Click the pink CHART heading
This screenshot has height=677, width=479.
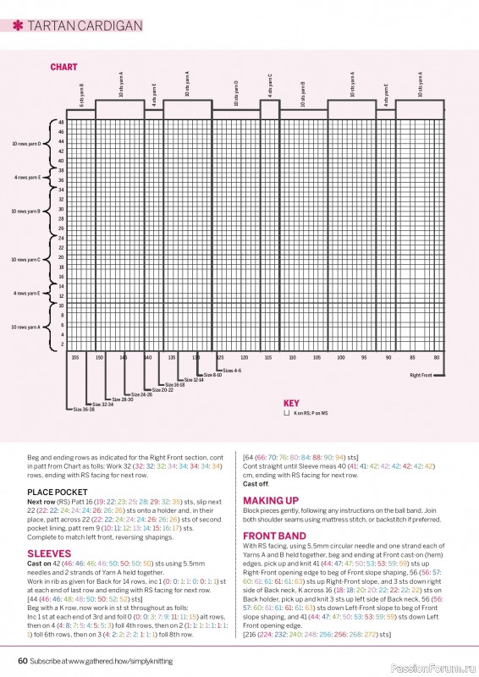(63, 67)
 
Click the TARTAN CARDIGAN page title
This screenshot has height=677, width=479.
(77, 26)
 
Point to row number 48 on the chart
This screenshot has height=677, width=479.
(61, 122)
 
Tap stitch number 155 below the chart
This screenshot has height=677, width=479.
(75, 358)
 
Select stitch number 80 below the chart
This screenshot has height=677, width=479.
(437, 358)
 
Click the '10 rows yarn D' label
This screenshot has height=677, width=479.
(26, 144)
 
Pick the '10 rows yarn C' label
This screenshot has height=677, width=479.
(26, 260)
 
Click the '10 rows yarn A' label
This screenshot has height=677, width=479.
(26, 327)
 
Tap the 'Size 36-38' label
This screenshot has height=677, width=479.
(83, 410)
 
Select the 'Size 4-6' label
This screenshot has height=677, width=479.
(231, 371)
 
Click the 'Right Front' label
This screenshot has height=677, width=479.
(421, 374)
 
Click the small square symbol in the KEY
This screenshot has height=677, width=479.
(287, 415)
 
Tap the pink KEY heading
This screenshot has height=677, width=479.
(291, 404)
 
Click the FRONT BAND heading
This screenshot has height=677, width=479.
(274, 536)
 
